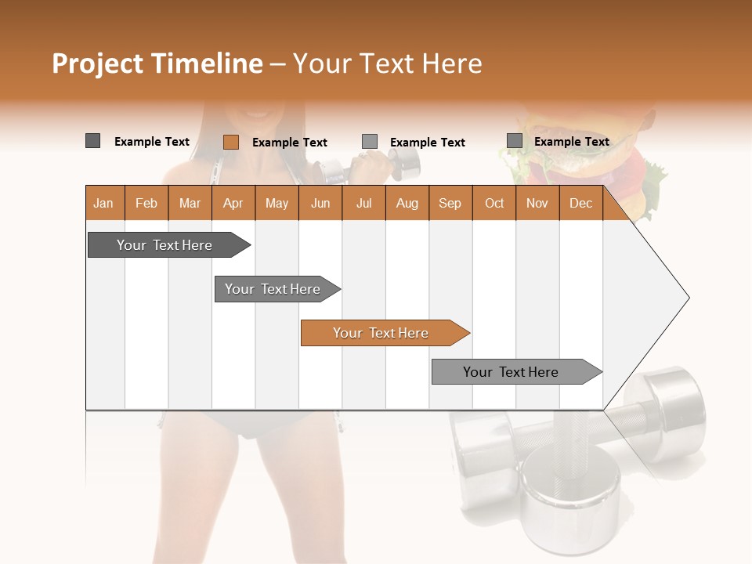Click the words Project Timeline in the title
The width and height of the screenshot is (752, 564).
(157, 63)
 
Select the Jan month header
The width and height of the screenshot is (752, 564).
(103, 203)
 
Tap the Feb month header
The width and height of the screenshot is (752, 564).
(146, 203)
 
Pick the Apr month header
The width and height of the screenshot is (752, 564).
(233, 203)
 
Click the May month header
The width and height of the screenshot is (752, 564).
(277, 203)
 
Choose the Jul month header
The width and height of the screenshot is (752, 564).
(363, 203)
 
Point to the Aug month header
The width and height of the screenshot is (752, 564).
(407, 203)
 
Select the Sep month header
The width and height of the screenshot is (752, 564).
(450, 203)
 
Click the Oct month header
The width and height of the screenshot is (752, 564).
(493, 203)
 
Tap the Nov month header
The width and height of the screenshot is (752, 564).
(537, 203)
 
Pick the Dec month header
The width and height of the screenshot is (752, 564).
(580, 203)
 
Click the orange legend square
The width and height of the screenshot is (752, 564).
(230, 142)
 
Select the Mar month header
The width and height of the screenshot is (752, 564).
(190, 203)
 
